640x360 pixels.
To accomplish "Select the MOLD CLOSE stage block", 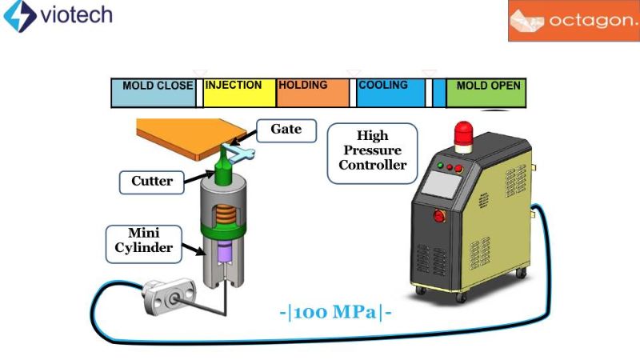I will pos(154,94).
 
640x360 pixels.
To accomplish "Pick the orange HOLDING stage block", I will pos(312,94).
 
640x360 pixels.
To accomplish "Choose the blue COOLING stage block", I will pos(390,94).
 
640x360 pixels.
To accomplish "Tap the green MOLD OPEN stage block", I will pos(486,94).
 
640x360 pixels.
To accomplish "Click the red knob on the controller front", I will pos(438,214).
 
